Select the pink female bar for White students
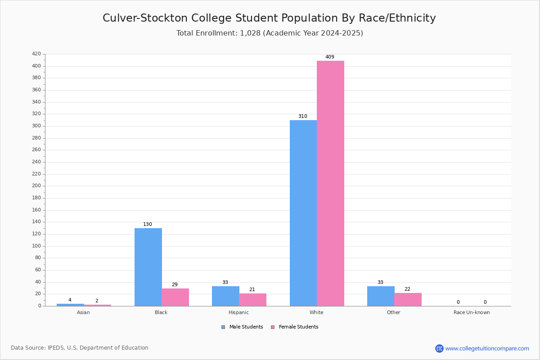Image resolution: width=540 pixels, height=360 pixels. click(x=330, y=183)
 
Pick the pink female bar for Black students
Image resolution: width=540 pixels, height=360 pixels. click(x=175, y=297)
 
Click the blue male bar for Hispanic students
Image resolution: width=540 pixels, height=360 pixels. click(x=225, y=296)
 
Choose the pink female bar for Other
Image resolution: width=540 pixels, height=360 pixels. click(x=408, y=299)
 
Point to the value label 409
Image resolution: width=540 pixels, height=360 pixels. click(x=330, y=57)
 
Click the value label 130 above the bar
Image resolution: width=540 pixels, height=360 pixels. click(x=148, y=225)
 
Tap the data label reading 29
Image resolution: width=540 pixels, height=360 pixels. click(x=175, y=285)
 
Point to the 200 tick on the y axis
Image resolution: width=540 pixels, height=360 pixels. click(x=36, y=186)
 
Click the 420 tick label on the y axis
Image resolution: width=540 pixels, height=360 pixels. click(x=36, y=54)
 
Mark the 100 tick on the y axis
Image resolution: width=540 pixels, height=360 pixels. click(x=36, y=246)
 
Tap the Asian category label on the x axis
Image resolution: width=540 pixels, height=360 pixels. click(x=83, y=312)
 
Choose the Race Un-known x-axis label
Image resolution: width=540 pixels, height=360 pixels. click(x=472, y=312)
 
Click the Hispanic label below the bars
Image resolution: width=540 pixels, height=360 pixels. click(x=238, y=312)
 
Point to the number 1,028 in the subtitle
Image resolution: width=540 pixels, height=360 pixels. click(x=250, y=33)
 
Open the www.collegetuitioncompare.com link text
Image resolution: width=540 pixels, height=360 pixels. click(x=487, y=348)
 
